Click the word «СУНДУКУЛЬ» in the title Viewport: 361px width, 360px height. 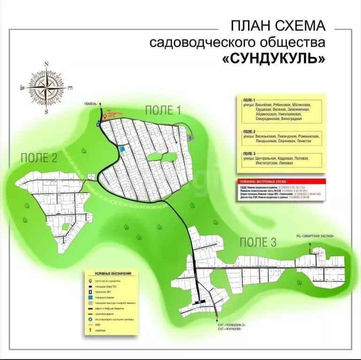click(x=274, y=60)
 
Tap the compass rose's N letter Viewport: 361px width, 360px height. click(x=46, y=64)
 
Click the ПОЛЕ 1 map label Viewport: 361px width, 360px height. click(x=163, y=110)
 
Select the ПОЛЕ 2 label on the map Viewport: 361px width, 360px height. click(x=39, y=158)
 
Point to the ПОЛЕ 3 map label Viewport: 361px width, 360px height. click(x=258, y=242)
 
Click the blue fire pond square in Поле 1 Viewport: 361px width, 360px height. click(x=123, y=149)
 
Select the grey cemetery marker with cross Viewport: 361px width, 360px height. click(x=191, y=138)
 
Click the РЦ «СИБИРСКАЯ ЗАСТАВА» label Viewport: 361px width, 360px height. click(x=316, y=236)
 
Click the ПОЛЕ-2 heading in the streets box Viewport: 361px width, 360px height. click(x=249, y=131)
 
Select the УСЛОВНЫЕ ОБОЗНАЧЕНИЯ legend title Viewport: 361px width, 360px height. click(x=113, y=274)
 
